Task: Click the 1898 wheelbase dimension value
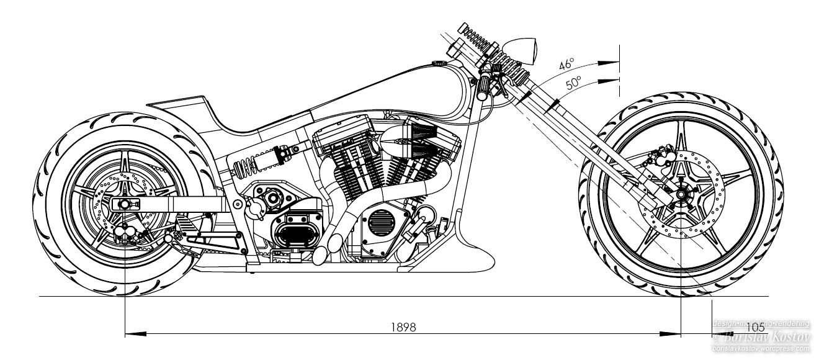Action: point(403,327)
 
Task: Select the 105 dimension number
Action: point(756,328)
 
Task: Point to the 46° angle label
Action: point(566,65)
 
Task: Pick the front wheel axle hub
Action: point(681,194)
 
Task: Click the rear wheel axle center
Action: point(125,204)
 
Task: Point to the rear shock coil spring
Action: point(244,166)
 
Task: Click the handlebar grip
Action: point(483,86)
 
